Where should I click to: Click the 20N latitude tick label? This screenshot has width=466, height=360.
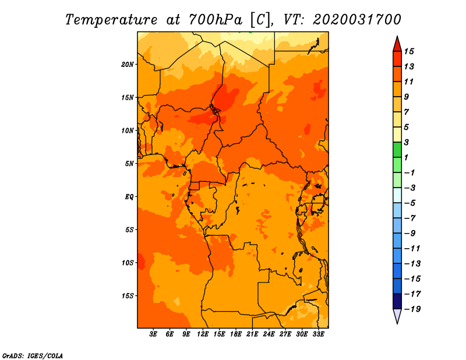[127, 65]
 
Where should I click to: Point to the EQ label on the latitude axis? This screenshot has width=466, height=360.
[129, 197]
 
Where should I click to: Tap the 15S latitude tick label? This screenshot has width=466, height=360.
[128, 296]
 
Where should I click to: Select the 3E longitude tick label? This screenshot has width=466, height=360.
[153, 334]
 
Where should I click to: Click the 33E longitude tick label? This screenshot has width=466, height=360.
[318, 334]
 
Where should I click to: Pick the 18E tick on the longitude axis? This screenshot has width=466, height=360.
[236, 334]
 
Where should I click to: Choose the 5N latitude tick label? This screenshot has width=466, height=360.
[129, 164]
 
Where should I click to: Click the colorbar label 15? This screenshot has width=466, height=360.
[409, 51]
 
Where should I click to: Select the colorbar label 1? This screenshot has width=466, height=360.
[406, 157]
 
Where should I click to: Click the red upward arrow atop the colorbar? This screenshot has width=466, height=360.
[397, 44]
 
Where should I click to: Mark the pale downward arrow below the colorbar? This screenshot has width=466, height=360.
[397, 316]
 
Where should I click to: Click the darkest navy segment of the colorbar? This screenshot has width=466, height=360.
[397, 301]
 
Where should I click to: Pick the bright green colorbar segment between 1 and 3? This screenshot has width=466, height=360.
[397, 150]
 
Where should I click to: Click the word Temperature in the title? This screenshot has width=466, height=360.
[111, 20]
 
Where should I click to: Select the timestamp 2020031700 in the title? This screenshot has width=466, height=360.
[357, 20]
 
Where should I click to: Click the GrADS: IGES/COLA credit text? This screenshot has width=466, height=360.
[33, 356]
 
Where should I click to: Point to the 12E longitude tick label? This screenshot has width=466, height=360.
[203, 334]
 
